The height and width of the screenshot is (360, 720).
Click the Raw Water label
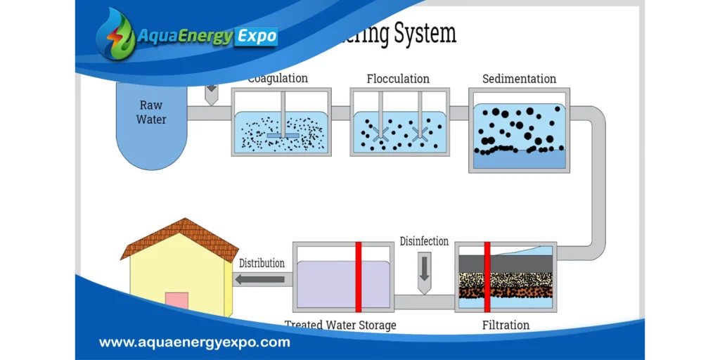[x=151, y=112]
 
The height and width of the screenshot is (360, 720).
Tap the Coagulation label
[x=278, y=78]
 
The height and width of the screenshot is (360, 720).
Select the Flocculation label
[x=398, y=79]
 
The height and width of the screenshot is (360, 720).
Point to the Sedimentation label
[x=519, y=79]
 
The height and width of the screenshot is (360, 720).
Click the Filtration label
[x=506, y=325]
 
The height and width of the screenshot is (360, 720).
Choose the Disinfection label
[x=424, y=241]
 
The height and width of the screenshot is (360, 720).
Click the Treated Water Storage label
[x=340, y=325]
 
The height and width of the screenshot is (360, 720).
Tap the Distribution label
[x=262, y=263]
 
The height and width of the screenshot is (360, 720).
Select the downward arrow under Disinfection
[x=424, y=274]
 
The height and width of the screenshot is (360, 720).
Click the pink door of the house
[x=176, y=300]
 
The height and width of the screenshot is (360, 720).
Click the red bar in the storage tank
[x=359, y=277]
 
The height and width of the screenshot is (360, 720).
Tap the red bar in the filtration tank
[x=487, y=277]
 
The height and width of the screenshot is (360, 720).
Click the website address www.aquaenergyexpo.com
[x=194, y=343]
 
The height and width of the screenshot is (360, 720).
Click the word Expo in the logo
[x=256, y=37]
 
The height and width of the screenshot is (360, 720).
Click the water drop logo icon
[x=115, y=34]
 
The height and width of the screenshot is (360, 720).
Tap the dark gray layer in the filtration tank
[x=506, y=264]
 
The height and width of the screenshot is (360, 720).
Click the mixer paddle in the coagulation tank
[x=283, y=135]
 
